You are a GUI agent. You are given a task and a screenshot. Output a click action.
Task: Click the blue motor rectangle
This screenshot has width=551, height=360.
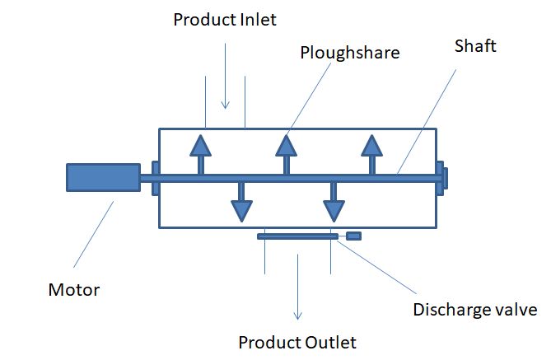[x=103, y=177]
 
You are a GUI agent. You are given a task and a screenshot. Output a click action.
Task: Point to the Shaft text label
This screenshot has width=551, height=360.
[x=476, y=46]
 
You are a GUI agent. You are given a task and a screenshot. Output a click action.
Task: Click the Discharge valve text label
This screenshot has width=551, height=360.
[x=475, y=310]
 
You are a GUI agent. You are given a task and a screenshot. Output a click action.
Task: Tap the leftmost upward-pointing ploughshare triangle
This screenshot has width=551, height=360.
[x=200, y=146]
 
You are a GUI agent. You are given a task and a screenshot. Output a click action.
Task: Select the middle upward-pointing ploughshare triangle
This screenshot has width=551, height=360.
[x=286, y=146]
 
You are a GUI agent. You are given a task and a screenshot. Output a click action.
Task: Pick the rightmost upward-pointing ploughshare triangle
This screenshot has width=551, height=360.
[x=372, y=146]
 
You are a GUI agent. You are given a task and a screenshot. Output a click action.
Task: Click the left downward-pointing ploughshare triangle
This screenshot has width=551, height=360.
[x=241, y=210]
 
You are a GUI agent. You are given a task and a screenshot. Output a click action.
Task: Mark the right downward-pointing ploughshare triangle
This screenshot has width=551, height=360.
[x=334, y=210]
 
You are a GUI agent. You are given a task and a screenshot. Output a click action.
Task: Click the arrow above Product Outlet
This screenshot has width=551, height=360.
[x=298, y=288]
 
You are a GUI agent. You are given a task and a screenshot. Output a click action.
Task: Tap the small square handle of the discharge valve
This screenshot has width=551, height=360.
[x=353, y=236]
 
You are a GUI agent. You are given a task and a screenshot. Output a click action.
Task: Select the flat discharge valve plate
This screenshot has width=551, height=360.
[x=297, y=236]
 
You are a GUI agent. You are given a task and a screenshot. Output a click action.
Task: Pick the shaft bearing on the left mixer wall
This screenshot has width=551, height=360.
[x=156, y=178]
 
